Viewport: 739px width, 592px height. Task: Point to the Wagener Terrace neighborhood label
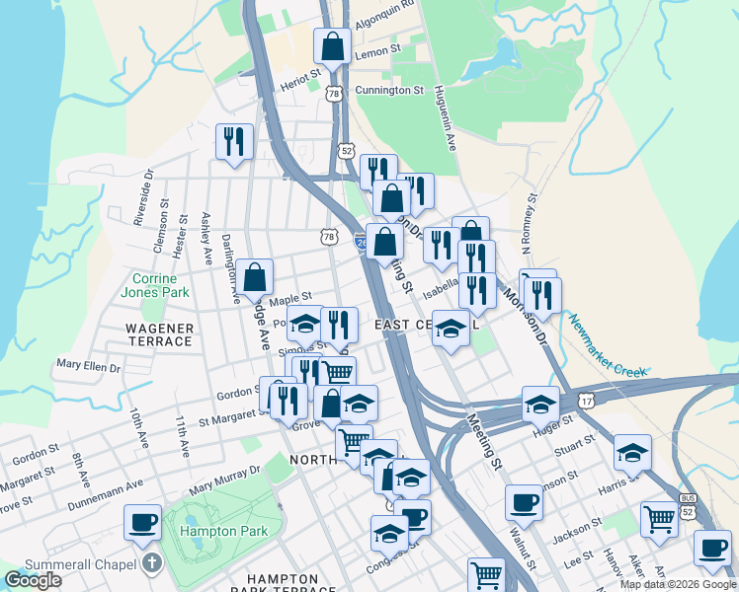[x=158, y=333]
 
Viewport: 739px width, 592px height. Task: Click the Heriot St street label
[x=300, y=74]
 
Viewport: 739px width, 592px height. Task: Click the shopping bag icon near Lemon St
[x=333, y=45]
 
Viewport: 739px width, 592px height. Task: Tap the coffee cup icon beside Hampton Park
[x=142, y=521]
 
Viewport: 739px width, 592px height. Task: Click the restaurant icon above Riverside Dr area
[x=234, y=140]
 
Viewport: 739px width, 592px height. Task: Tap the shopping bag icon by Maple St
[x=255, y=277]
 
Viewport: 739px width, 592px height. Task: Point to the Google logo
[x=34, y=580]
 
